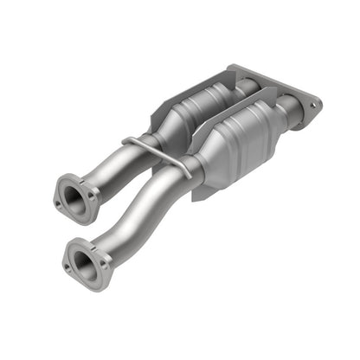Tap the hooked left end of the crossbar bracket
(x=127, y=141)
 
